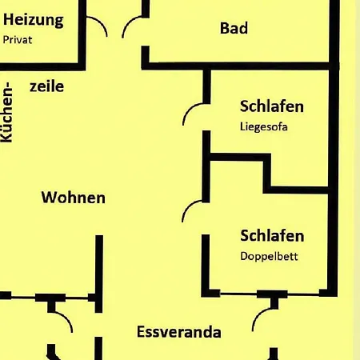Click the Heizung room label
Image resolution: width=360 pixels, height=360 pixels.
click(x=34, y=20)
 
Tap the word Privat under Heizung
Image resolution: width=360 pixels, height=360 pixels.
click(x=18, y=40)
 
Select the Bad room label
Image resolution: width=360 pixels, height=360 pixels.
click(x=234, y=28)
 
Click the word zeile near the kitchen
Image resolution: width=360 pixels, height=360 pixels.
click(x=47, y=86)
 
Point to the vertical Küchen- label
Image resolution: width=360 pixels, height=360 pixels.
click(x=7, y=112)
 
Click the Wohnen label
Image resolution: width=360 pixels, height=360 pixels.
click(x=74, y=198)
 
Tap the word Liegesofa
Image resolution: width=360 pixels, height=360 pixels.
click(x=264, y=126)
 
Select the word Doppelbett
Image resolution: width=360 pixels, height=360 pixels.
click(x=269, y=256)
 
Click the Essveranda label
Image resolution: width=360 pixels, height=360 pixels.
click(x=179, y=332)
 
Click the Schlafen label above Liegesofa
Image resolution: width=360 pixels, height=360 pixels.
click(x=272, y=106)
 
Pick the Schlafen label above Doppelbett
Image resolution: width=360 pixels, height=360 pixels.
click(x=272, y=236)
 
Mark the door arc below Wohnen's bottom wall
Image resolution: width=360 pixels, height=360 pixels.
click(x=66, y=317)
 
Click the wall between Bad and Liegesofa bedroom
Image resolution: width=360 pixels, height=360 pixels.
click(x=240, y=66)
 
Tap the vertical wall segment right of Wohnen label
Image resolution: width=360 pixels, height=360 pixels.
click(x=99, y=274)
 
